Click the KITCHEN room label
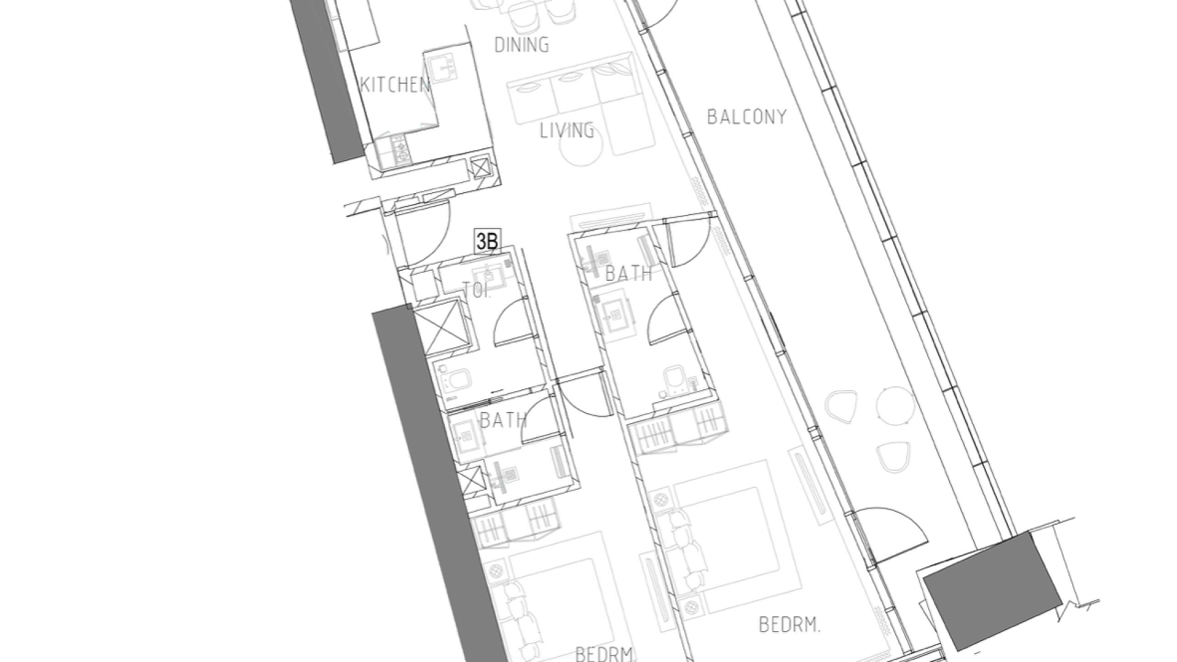click(x=395, y=85)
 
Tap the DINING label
click(x=522, y=44)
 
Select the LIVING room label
click(x=567, y=130)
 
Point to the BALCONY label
click(x=747, y=116)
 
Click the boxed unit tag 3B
click(x=487, y=241)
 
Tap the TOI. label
click(x=476, y=290)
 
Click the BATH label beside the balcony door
click(x=628, y=273)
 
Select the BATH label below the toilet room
click(x=503, y=420)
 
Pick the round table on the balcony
click(x=896, y=405)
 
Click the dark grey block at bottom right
click(x=992, y=590)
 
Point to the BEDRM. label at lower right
click(x=790, y=625)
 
